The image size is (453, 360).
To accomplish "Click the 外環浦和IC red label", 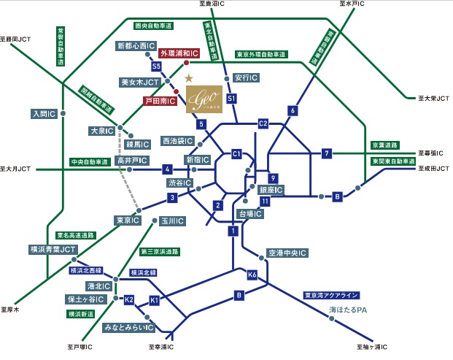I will (x=180, y=53).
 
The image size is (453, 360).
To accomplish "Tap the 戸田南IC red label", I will (x=159, y=102).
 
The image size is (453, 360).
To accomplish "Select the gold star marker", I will (x=188, y=77).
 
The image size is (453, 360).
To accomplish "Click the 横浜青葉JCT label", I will (x=53, y=249).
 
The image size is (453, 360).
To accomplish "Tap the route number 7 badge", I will (x=327, y=153).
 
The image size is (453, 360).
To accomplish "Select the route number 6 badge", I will (x=293, y=111).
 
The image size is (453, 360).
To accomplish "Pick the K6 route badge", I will (x=252, y=275).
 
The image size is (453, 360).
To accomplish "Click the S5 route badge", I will (x=156, y=66).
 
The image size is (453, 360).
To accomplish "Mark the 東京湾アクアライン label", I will (x=332, y=295).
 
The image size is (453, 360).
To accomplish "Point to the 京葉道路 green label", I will (x=387, y=145).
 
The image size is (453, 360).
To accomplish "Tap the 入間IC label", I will (x=44, y=114).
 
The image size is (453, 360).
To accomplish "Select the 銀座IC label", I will (x=271, y=190).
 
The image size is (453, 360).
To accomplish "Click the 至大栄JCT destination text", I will (x=433, y=97).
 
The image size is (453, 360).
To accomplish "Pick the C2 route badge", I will (x=263, y=123).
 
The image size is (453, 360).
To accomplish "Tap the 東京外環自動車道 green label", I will (x=260, y=54).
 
